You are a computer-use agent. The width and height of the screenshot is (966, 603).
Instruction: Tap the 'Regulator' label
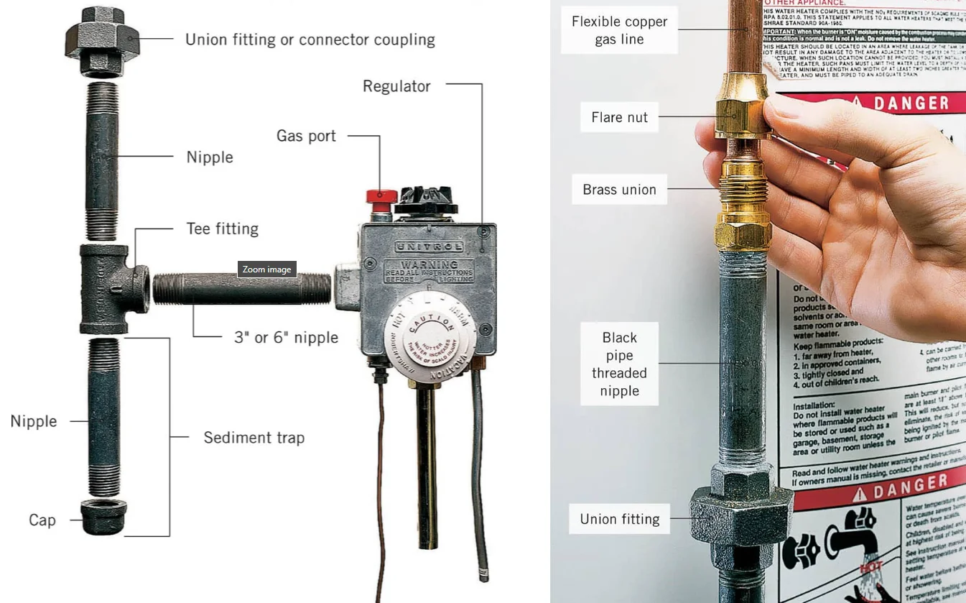coord(396,86)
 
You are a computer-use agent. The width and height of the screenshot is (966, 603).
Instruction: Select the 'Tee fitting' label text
coord(222,229)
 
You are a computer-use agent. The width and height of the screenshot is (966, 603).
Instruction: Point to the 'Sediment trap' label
coord(254,437)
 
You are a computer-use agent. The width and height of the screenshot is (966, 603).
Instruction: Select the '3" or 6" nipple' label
coord(286,337)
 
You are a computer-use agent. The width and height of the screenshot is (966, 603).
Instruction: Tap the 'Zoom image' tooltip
coord(266,270)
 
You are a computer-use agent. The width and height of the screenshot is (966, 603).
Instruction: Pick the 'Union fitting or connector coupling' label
coord(310,39)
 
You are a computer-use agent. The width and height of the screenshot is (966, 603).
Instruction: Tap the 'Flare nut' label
coord(619,117)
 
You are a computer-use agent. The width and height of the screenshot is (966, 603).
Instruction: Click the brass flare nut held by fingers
coord(740,115)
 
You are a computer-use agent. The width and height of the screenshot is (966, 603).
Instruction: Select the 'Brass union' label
coord(619,190)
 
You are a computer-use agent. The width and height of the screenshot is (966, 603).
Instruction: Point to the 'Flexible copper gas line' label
coord(619,30)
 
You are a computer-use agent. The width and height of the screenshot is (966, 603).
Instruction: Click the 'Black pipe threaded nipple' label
coord(619,364)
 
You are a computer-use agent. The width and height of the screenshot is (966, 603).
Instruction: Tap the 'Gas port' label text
coord(306,135)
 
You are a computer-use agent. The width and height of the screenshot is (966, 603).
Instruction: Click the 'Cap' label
coord(42,520)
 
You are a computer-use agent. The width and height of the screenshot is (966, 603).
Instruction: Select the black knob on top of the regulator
coord(427,199)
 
